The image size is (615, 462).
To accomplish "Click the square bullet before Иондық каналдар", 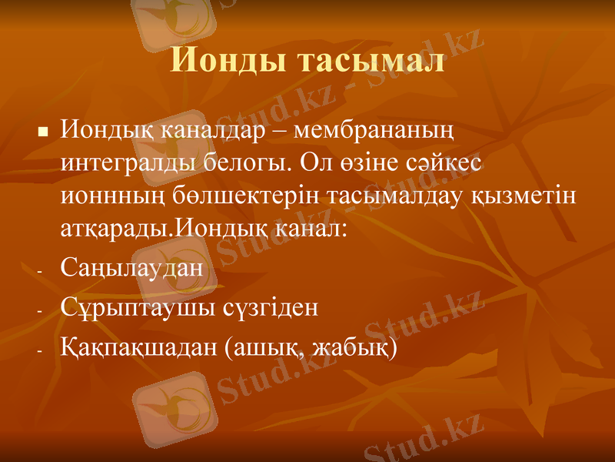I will pyautogui.click(x=43, y=132).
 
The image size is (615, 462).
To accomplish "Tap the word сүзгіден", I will pyautogui.click(x=269, y=309).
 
